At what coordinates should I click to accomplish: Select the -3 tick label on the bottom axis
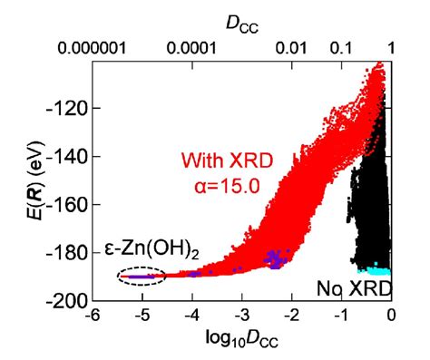241,316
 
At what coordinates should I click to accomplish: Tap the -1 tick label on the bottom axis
341,316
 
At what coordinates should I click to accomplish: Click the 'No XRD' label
348,288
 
